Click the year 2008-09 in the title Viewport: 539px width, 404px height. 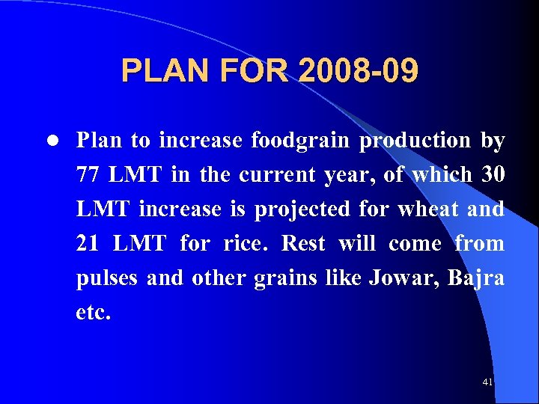pyautogui.click(x=358, y=72)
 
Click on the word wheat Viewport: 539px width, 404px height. pyautogui.click(x=427, y=209)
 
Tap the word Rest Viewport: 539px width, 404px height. pyautogui.click(x=304, y=244)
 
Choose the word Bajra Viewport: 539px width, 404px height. pyautogui.click(x=476, y=278)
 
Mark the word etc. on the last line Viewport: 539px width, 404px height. pyautogui.click(x=93, y=313)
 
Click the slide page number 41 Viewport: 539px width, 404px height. pyautogui.click(x=487, y=382)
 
